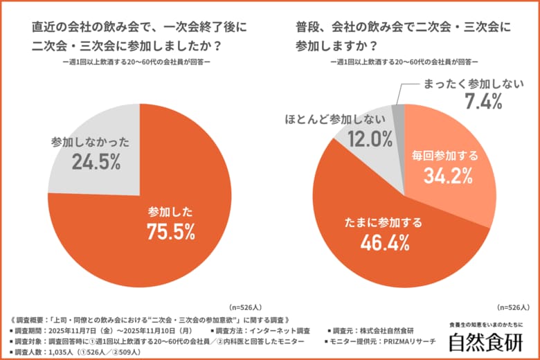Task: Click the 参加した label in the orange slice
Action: pyautogui.click(x=170, y=211)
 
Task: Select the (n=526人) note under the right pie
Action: pyautogui.click(x=513, y=307)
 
